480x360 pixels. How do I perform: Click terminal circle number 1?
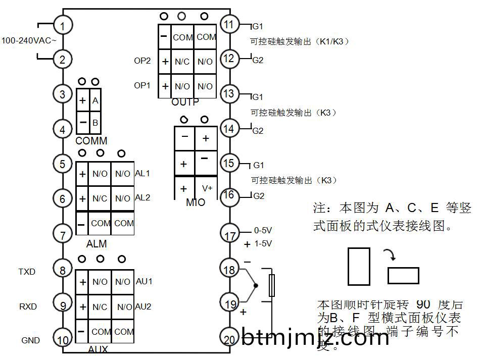click(x=63, y=25)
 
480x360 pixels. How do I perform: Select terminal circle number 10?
click(x=63, y=340)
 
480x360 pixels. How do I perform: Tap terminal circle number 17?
click(x=230, y=235)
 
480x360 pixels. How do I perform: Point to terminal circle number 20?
click(x=230, y=340)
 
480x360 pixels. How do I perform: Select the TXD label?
click(x=27, y=272)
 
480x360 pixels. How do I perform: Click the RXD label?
click(x=28, y=306)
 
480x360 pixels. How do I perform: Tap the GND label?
click(x=30, y=340)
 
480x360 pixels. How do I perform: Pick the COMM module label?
click(x=91, y=141)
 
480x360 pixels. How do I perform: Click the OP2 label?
click(x=142, y=61)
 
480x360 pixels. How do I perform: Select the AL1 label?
click(x=142, y=173)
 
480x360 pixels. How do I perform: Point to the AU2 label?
click(x=143, y=306)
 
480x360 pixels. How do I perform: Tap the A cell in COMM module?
click(x=95, y=100)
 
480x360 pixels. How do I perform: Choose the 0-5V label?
click(x=263, y=230)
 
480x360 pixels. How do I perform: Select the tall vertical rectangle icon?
click(x=359, y=266)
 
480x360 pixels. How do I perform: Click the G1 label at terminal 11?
click(x=258, y=25)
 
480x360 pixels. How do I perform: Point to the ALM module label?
click(x=97, y=244)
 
